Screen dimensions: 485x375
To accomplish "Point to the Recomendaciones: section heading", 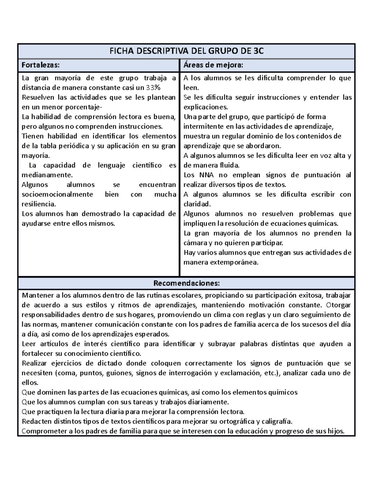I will coord(187,283).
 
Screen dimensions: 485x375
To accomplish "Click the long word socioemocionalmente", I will coord(57,194).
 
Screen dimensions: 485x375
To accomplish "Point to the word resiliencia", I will coord(39,204).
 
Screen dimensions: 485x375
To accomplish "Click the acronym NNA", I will coord(207,175).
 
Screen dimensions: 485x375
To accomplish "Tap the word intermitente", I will coord(203,126).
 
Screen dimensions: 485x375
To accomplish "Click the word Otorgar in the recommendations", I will coord(338,305).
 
